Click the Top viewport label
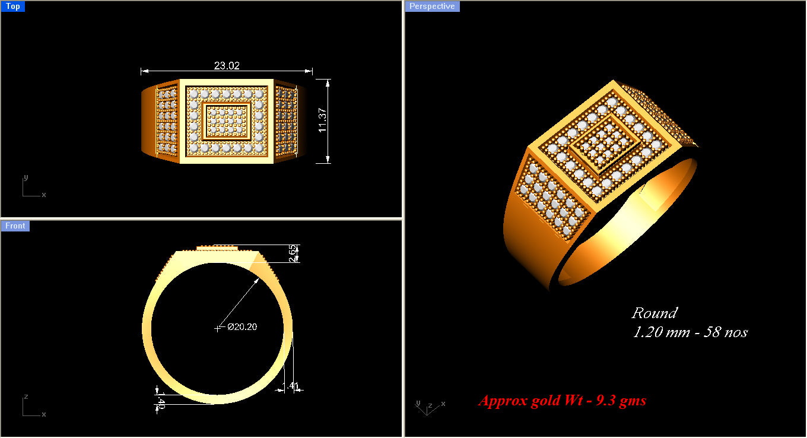click(13, 7)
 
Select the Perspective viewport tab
click(432, 7)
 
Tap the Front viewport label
click(15, 226)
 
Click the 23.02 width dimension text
click(227, 66)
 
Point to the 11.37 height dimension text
click(323, 120)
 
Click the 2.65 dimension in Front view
click(292, 253)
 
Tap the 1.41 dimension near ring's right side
click(293, 386)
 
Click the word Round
click(654, 313)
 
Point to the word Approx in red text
click(503, 401)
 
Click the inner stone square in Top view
click(227, 121)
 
